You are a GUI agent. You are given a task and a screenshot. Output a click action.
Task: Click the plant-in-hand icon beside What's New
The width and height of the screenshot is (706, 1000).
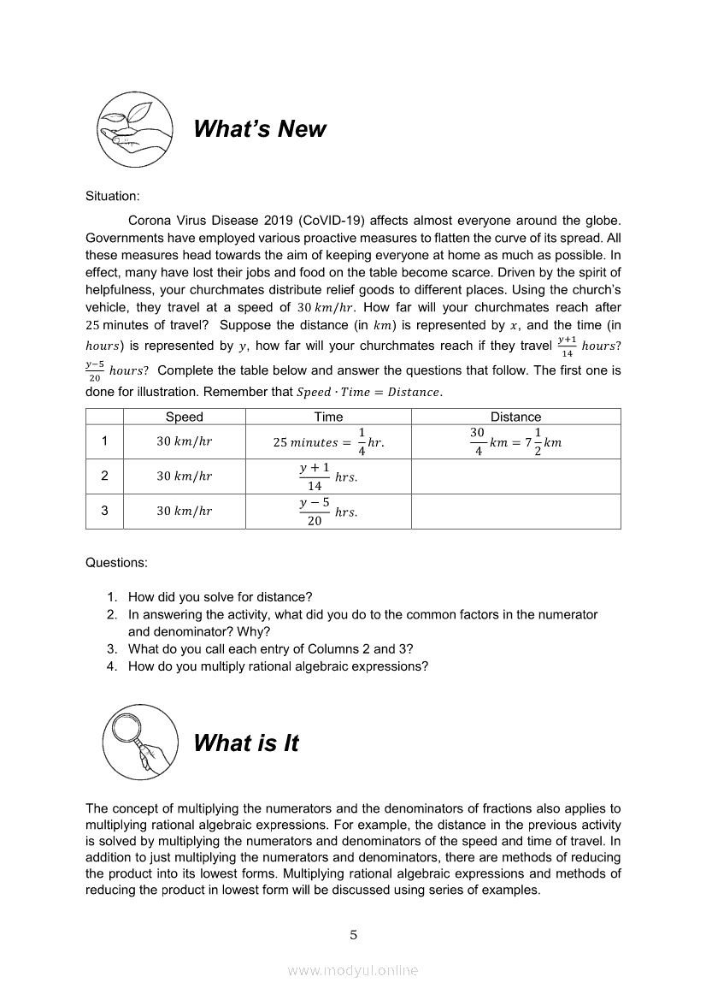coord(135,129)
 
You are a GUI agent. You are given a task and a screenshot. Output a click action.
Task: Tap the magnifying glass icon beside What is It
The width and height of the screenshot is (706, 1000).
coord(140,742)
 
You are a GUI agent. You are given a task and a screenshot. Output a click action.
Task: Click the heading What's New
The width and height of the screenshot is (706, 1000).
coord(259,129)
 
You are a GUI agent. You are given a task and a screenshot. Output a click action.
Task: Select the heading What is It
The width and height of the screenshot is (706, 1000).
coord(246,743)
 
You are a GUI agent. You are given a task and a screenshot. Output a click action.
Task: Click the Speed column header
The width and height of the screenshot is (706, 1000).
coord(184,417)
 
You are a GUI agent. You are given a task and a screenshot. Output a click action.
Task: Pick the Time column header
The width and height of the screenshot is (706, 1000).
coord(328,417)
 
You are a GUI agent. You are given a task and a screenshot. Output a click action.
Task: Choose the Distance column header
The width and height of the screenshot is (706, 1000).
coord(515,417)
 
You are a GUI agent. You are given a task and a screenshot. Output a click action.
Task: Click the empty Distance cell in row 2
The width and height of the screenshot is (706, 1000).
coord(515,476)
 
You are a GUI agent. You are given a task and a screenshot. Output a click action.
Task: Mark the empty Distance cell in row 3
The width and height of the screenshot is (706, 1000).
coord(515,512)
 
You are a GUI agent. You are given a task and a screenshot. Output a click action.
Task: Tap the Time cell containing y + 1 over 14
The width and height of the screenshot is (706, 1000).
coord(328,476)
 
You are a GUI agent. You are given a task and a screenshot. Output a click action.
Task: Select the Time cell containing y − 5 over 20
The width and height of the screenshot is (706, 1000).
coord(328,512)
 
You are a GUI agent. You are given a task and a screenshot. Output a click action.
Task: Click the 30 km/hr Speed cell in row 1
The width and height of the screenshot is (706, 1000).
coord(184,442)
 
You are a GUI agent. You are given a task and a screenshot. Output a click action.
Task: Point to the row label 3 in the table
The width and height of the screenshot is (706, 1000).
coord(104,512)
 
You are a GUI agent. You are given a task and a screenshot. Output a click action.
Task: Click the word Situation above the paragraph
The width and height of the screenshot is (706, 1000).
coord(112,196)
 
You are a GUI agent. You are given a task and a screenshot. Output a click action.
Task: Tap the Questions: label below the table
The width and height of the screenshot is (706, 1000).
coord(116,563)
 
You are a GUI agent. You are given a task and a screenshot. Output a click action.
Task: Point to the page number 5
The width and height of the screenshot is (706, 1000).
coord(353,935)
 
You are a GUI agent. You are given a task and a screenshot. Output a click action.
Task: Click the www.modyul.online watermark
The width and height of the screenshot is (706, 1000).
coord(353,971)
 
